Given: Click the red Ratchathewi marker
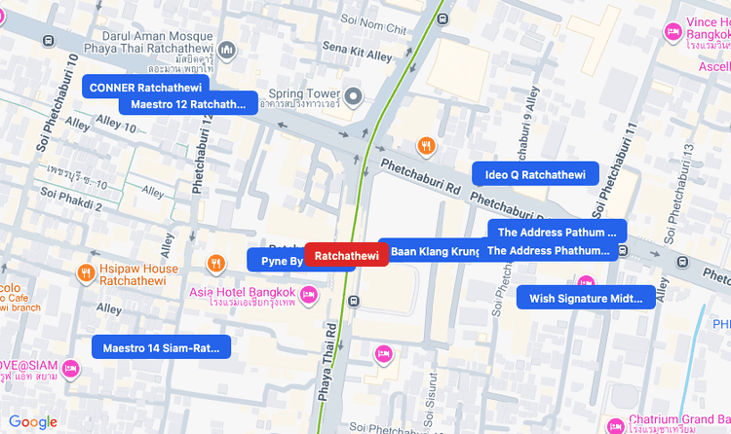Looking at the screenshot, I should tap(347, 255).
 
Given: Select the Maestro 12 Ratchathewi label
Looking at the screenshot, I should tap(188, 104).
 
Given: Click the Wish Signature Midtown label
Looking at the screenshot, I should tap(586, 299).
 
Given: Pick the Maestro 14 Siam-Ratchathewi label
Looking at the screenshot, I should tap(161, 347).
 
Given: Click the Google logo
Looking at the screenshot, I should tap(33, 421).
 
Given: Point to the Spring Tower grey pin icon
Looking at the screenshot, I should tap(355, 95).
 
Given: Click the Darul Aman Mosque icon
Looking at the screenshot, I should tap(227, 50).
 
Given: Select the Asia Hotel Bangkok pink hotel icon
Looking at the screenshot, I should tap(309, 294).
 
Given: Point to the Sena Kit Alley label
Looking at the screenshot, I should tap(357, 52).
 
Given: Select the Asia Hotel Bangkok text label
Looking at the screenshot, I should tap(242, 293).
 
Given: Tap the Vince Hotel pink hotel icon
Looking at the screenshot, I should tap(673, 32).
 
